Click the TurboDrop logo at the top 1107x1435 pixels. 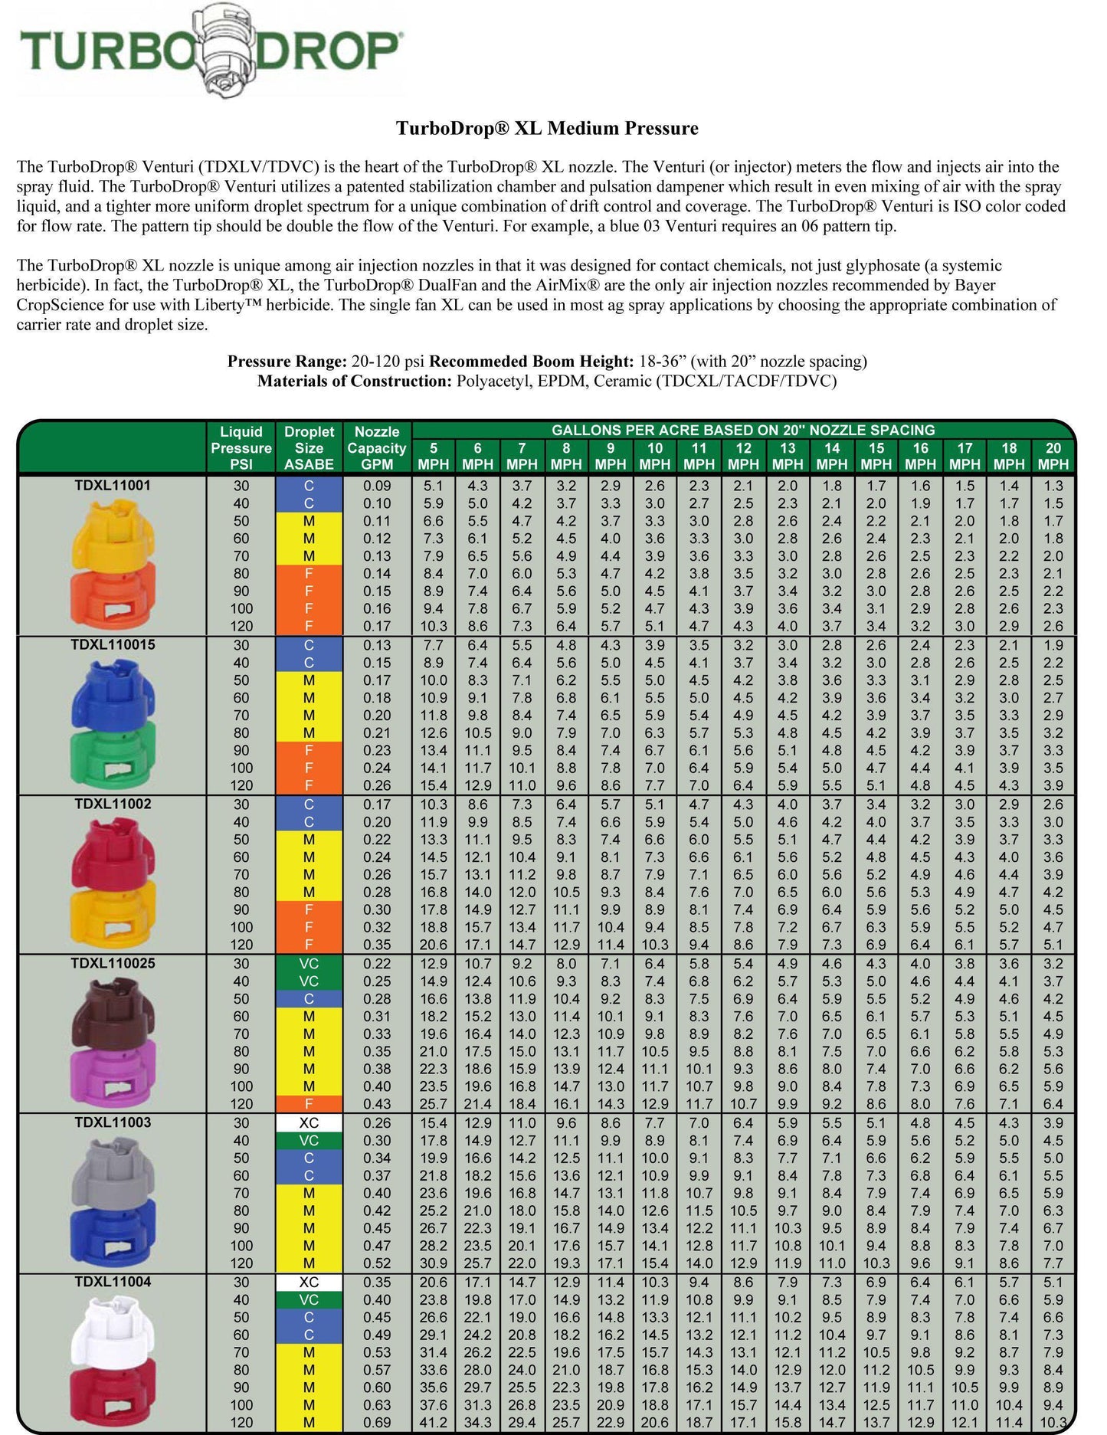point(209,51)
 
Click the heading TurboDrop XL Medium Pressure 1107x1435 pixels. point(547,128)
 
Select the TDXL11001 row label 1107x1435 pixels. point(113,485)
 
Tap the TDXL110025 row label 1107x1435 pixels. point(113,963)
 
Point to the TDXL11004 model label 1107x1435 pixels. point(113,1282)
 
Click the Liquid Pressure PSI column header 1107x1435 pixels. point(241,447)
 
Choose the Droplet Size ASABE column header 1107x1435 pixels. point(309,447)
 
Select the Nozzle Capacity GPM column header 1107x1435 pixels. point(377,447)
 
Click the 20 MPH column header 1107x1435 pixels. point(1053,456)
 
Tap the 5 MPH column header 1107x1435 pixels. point(434,456)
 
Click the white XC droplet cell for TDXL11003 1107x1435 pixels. point(309,1122)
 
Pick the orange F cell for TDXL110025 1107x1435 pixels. point(309,1104)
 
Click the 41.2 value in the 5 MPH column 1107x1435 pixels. point(434,1423)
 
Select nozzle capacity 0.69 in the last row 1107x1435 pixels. point(377,1423)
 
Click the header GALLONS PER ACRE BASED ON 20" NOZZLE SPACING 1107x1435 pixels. point(743,431)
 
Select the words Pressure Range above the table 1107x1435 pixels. point(287,362)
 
